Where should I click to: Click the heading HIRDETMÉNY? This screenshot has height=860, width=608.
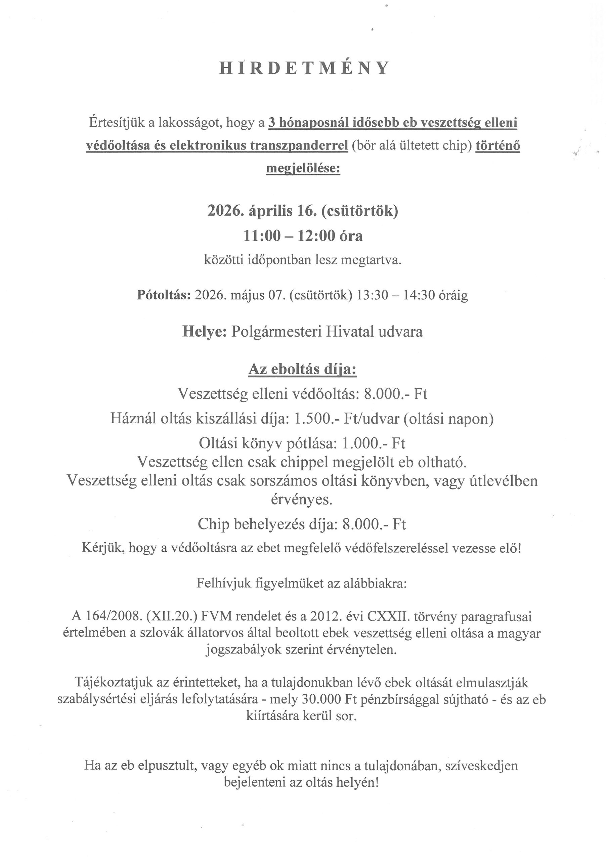click(304, 68)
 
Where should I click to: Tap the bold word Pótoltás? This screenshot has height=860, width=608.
click(164, 295)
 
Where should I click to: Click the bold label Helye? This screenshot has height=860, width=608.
click(204, 332)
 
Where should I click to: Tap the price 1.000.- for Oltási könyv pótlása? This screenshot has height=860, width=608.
click(365, 443)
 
